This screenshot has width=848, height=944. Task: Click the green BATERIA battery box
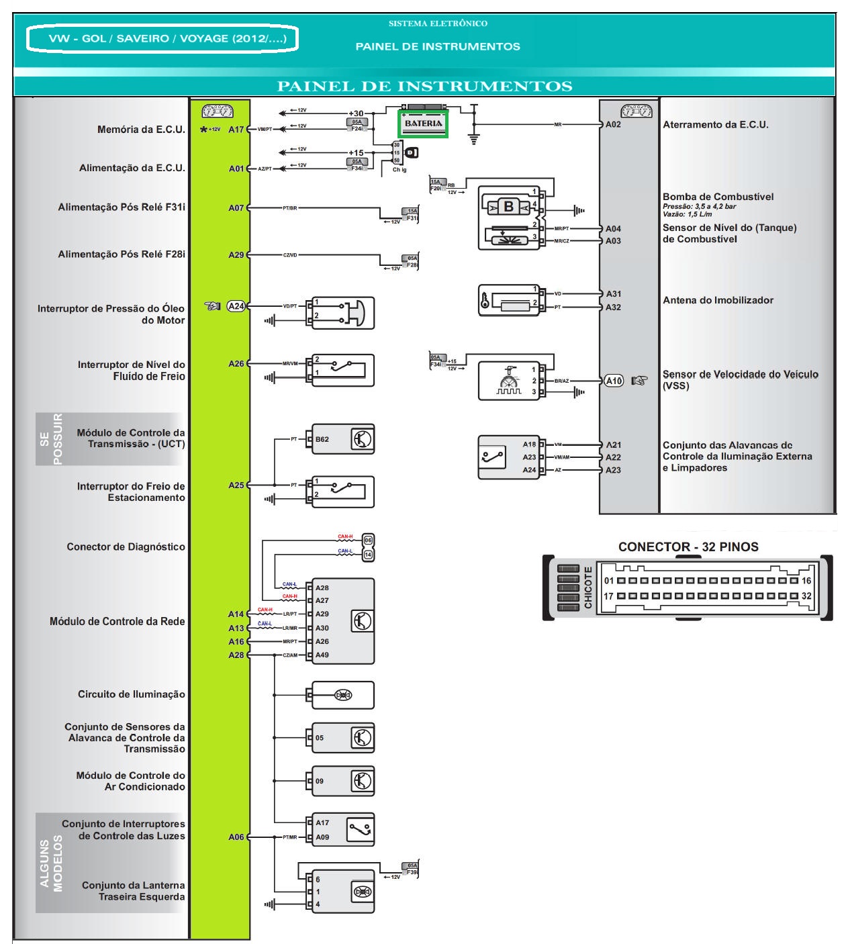[423, 124]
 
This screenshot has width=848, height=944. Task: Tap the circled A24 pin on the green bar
[236, 306]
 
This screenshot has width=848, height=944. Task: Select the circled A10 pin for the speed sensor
[614, 381]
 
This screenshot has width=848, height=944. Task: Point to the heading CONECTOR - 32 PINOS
[688, 547]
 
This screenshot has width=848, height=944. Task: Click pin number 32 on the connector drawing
[806, 596]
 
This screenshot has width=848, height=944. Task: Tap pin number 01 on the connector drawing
[609, 581]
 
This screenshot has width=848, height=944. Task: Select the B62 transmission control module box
[341, 440]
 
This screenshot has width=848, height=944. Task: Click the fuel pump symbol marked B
[508, 207]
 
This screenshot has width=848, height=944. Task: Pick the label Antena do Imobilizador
[718, 300]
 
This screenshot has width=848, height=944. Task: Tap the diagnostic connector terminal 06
[368, 540]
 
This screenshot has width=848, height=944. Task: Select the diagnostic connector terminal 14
[368, 555]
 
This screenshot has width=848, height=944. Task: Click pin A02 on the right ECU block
[613, 124]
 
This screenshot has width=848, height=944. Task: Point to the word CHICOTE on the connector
[588, 588]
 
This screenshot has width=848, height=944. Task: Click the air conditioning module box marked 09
[341, 781]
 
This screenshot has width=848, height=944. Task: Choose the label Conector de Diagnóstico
[126, 547]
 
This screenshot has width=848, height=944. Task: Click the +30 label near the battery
[356, 114]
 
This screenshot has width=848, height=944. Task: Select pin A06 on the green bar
[236, 837]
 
